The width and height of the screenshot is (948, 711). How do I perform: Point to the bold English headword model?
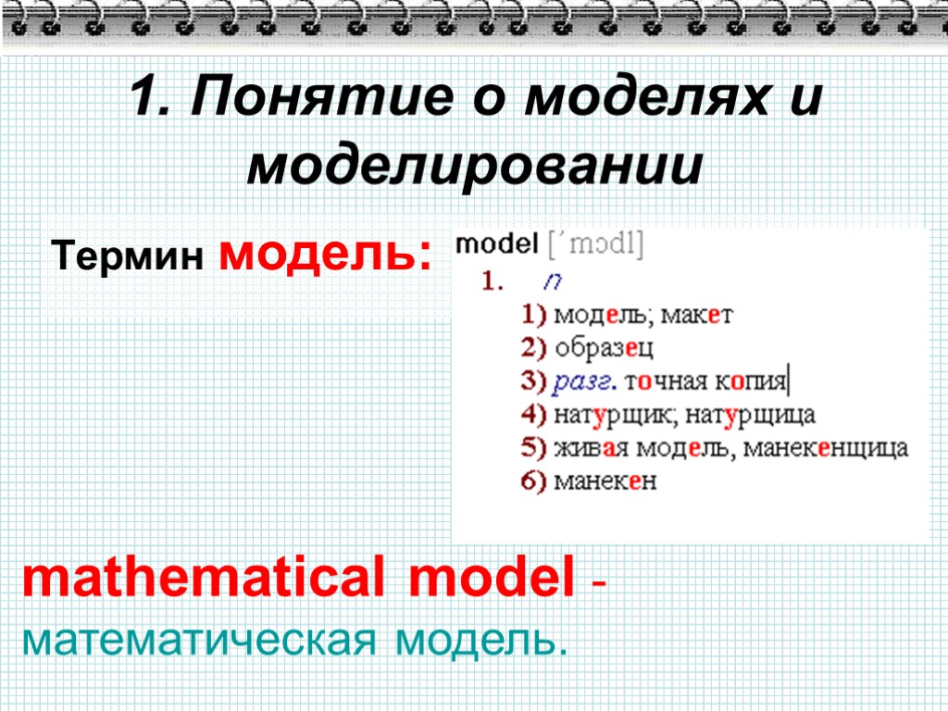(x=497, y=244)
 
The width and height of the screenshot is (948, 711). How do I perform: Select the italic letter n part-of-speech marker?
(x=553, y=281)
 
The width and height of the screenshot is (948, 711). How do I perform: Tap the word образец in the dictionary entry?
(x=604, y=348)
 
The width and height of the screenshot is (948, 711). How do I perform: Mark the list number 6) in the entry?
(x=534, y=481)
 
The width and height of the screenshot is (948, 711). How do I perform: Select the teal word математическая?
(x=201, y=639)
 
